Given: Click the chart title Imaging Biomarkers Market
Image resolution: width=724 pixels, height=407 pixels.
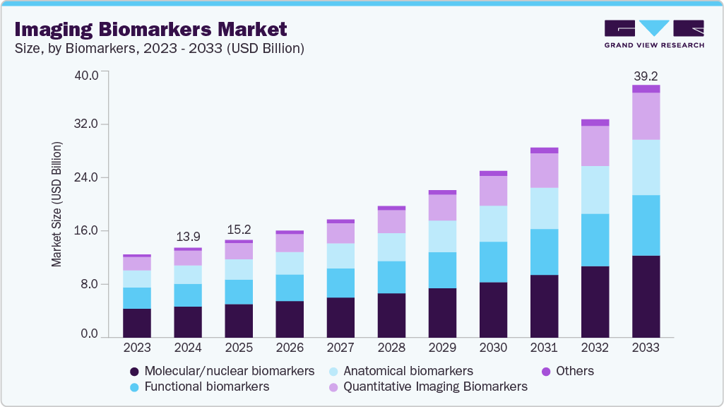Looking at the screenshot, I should tap(150, 30).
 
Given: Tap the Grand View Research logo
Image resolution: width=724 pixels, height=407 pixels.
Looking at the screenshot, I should tap(654, 33).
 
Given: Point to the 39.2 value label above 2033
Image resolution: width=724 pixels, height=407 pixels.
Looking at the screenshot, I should tap(646, 75).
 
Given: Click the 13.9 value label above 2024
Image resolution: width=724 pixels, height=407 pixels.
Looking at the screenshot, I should tap(188, 236).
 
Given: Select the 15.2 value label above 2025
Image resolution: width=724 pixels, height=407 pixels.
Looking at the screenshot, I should tap(239, 230).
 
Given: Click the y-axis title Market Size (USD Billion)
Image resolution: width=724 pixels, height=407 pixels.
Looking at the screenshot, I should tap(56, 204).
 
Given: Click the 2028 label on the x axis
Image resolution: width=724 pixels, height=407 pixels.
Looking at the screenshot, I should tap(391, 348).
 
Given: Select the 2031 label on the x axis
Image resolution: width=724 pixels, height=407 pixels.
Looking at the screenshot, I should tap(544, 348).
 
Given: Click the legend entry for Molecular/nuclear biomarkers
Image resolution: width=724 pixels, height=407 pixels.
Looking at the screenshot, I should tap(222, 371).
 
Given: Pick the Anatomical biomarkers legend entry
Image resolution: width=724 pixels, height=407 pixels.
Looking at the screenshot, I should tap(400, 371).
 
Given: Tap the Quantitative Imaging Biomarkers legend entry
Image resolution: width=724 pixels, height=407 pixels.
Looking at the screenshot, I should tap(427, 387).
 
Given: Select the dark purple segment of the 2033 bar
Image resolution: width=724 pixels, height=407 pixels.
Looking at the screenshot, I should tap(646, 297).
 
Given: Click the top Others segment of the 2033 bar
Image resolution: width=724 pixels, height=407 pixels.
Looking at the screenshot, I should tap(646, 89).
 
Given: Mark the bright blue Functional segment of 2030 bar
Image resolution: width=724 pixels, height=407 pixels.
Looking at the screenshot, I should tap(493, 262).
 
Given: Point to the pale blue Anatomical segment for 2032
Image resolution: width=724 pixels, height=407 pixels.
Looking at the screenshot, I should tap(595, 190).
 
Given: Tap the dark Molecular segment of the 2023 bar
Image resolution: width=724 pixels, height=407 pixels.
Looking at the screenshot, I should tap(137, 323).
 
